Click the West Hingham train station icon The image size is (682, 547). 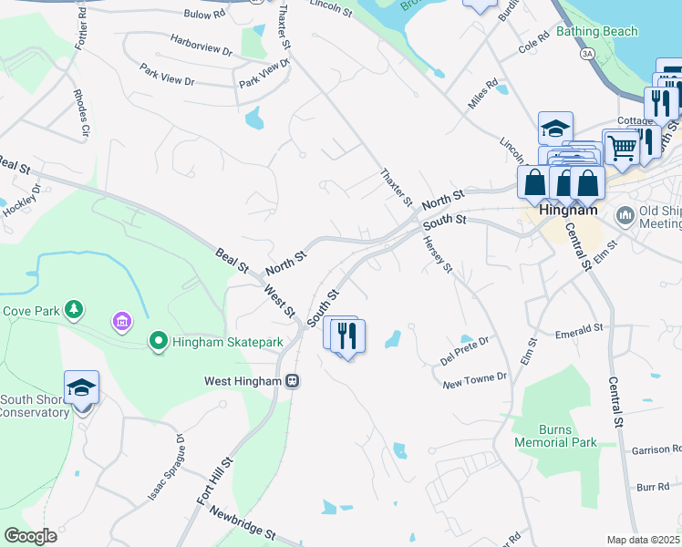[x=292, y=380]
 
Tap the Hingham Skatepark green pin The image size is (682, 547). [x=158, y=342]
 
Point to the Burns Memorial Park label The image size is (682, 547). [x=555, y=436]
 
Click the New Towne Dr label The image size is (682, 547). [x=474, y=380]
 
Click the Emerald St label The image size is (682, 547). [x=579, y=330]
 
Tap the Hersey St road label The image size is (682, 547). [x=437, y=253]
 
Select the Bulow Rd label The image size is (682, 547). [x=203, y=15]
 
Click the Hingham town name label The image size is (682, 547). [x=568, y=209]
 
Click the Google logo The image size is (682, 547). [x=30, y=536]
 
